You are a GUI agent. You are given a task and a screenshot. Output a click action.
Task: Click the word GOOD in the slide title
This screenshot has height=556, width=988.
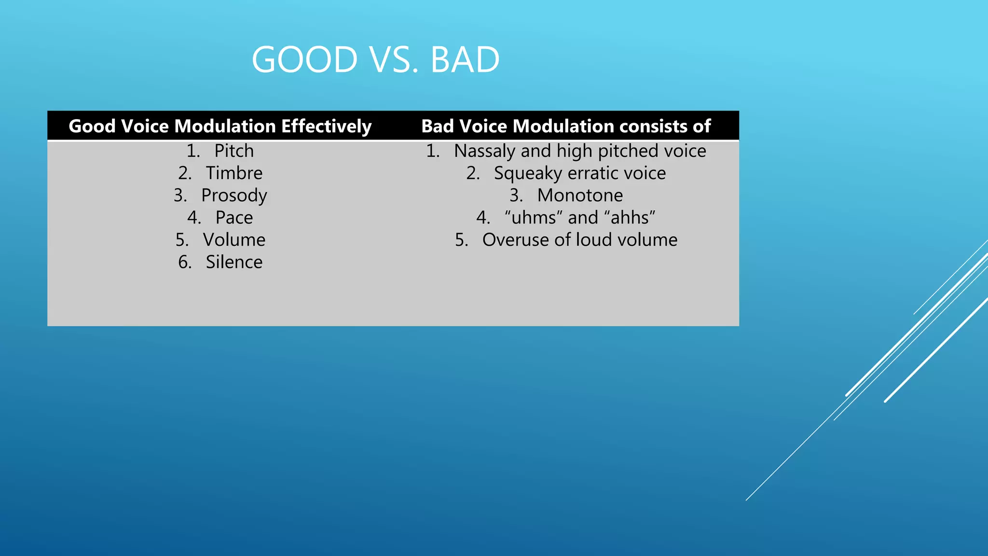[304, 60]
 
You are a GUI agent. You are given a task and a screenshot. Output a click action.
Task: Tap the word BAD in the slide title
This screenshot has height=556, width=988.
[465, 60]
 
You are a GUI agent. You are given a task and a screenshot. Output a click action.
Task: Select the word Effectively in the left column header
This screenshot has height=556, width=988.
[326, 126]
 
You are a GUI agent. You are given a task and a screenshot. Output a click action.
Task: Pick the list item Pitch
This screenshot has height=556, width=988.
[234, 151]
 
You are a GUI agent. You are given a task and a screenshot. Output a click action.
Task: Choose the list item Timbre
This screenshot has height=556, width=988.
[234, 173]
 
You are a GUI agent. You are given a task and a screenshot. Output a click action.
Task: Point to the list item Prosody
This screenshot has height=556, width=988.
[234, 196]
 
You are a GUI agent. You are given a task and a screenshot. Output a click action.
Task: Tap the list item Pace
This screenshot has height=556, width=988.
[234, 218]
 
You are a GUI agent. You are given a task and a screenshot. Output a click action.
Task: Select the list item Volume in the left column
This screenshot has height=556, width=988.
[234, 240]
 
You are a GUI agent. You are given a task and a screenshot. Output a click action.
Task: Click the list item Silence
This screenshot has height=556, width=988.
[234, 262]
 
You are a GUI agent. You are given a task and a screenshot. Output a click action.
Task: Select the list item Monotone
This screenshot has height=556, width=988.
[580, 195]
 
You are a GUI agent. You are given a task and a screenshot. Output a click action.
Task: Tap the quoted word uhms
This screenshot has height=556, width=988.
[534, 218]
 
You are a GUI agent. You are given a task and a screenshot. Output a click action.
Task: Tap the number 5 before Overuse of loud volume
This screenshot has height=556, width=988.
[461, 240]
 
